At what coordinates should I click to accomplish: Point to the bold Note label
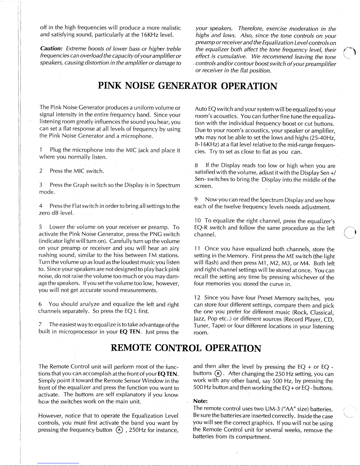tap(200, 401)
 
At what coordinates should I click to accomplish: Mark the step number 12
tap(197, 298)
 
